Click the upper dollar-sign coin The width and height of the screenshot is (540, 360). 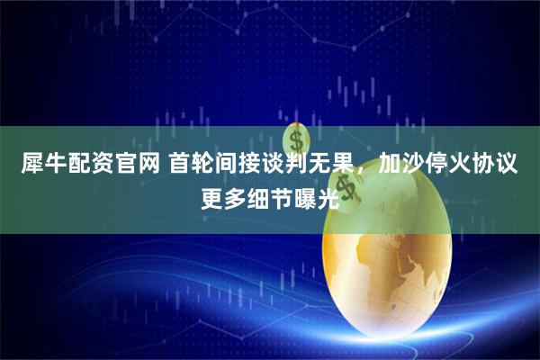point(294,139)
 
